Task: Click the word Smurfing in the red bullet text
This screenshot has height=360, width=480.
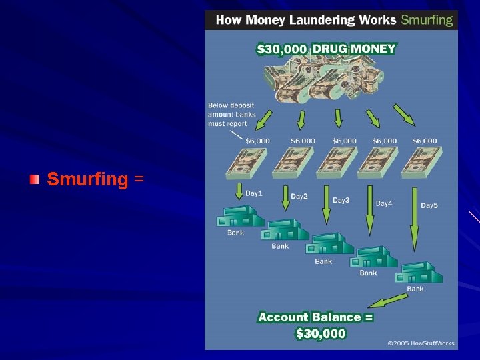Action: pos(87,179)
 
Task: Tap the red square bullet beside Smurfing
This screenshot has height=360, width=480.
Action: pos(35,179)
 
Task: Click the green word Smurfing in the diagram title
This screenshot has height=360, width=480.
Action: pos(427,19)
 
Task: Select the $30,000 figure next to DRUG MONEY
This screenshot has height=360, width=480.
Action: pos(282,49)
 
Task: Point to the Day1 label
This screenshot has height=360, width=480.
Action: pos(254,193)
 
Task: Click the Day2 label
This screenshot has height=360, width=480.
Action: pos(299,197)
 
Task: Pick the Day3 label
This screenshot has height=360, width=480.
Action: pos(341,200)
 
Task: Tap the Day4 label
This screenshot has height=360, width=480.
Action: pos(384,203)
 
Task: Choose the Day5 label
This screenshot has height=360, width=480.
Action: pos(429,206)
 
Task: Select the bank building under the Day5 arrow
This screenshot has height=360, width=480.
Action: pos(417,273)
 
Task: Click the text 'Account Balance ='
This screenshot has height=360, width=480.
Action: pos(315,317)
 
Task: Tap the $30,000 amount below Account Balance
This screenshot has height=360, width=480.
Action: pos(321,333)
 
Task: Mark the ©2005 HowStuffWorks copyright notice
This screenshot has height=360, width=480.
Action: pos(421,343)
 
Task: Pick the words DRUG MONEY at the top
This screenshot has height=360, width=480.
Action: pos(354,49)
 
